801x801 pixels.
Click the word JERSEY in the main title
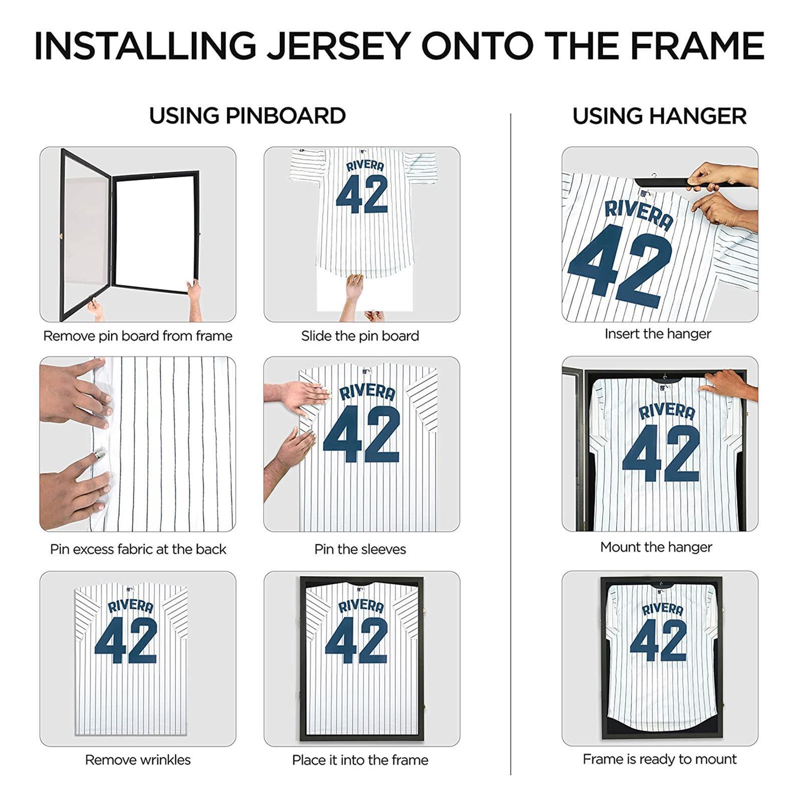tap(338, 46)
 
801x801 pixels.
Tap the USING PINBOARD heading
tap(247, 116)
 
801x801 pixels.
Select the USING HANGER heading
tap(659, 116)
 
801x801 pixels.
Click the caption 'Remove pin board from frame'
tap(138, 336)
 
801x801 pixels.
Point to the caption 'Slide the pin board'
tap(360, 336)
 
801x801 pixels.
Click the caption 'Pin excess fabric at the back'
tap(138, 549)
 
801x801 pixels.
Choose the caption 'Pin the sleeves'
tap(360, 549)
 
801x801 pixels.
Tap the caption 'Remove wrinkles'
tap(138, 760)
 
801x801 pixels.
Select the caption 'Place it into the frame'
tap(360, 760)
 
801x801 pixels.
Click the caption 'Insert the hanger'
tap(657, 334)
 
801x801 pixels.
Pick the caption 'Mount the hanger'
tap(656, 547)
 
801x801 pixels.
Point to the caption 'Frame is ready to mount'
tap(659, 759)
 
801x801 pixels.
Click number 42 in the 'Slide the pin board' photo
tap(361, 194)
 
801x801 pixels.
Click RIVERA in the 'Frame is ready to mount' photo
tap(662, 609)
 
